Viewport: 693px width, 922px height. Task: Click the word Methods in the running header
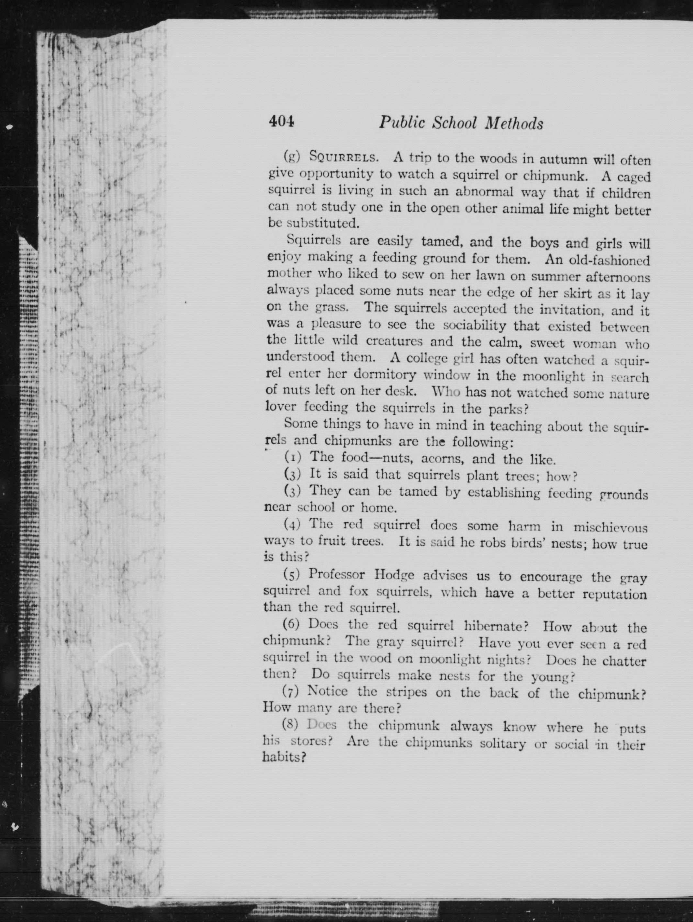click(515, 123)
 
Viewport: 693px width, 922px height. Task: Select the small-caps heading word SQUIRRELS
click(343, 157)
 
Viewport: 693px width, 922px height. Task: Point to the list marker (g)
click(292, 157)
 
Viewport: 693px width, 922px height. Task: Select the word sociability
click(475, 325)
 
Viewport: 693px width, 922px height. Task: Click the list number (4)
click(292, 524)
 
